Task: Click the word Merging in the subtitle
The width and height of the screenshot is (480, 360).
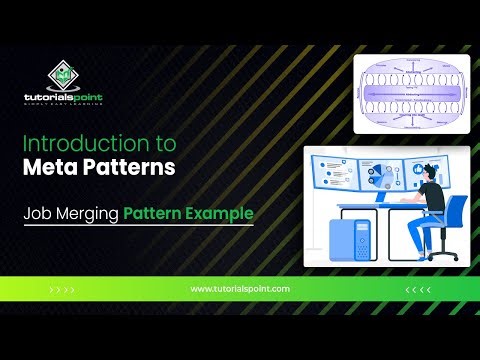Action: click(89, 213)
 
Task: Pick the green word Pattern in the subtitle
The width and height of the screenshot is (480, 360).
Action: click(154, 213)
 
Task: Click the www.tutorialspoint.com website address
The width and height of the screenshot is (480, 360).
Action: click(239, 288)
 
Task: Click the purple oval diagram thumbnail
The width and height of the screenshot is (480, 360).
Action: click(409, 92)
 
